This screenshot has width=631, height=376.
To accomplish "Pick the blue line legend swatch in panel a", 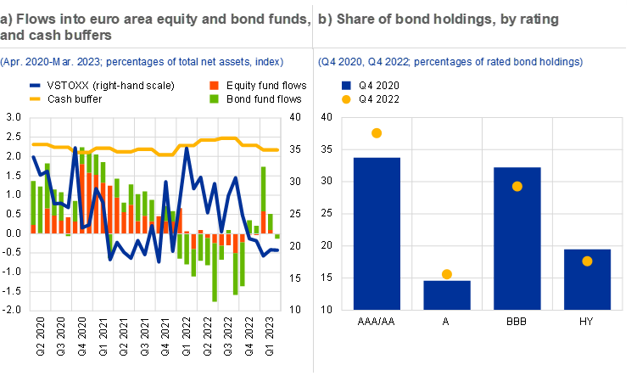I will pyautogui.click(x=35, y=86).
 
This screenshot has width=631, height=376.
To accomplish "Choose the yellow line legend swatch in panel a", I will pyautogui.click(x=35, y=99).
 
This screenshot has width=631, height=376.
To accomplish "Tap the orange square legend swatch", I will pyautogui.click(x=215, y=86).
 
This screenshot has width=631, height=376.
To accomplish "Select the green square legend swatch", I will pyautogui.click(x=215, y=99).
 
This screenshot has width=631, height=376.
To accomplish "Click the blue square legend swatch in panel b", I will pyautogui.click(x=346, y=85).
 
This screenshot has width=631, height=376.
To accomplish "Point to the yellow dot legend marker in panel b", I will pyautogui.click(x=346, y=99).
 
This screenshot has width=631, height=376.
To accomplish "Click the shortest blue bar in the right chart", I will pyautogui.click(x=447, y=295).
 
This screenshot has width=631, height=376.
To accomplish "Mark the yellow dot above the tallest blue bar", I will pyautogui.click(x=377, y=133).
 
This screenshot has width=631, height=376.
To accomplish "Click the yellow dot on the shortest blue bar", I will pyautogui.click(x=447, y=274).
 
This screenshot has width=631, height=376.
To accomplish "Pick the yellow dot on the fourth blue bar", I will pyautogui.click(x=587, y=261).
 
